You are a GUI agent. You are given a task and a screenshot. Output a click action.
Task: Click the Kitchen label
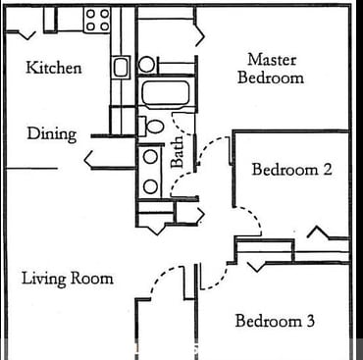point(53,68)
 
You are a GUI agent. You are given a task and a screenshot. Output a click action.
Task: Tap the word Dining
point(51,133)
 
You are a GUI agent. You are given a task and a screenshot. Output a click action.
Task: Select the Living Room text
point(67,279)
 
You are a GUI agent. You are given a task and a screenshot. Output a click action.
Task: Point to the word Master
point(272,60)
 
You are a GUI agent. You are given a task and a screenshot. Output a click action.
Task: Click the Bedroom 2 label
point(291,169)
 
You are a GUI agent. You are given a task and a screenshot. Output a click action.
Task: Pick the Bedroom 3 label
point(274,321)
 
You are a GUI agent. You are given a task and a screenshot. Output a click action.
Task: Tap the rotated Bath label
point(178,151)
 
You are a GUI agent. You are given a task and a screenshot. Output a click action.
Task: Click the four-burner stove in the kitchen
point(96,20)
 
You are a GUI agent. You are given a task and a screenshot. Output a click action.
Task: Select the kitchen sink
point(121,68)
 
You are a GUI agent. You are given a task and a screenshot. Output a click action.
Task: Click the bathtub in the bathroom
point(166,95)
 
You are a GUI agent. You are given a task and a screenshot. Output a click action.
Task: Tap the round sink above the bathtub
point(146,65)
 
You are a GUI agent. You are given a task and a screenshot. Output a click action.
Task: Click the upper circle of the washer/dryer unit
point(149,157)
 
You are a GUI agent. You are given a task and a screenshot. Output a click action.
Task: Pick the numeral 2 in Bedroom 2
point(327,169)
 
